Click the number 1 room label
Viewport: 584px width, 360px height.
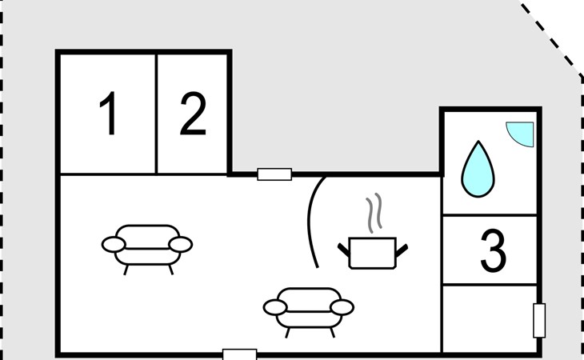click(x=109, y=114)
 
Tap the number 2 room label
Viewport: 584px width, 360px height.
click(x=193, y=114)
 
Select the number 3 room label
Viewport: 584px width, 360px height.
click(x=493, y=250)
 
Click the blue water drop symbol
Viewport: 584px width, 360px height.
click(x=477, y=169)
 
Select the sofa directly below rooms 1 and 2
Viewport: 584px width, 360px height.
click(x=148, y=245)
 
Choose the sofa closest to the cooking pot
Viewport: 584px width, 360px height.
click(x=309, y=308)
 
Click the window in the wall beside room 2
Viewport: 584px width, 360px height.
click(x=274, y=174)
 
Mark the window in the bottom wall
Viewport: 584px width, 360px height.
click(x=239, y=354)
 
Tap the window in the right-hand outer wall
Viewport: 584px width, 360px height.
click(x=539, y=320)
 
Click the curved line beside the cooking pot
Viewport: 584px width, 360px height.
click(x=313, y=222)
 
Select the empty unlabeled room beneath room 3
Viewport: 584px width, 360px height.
click(x=490, y=318)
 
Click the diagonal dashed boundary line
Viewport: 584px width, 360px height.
click(x=552, y=41)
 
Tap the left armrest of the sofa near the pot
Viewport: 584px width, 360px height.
click(x=274, y=307)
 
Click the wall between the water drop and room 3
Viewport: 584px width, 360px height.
click(x=490, y=215)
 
